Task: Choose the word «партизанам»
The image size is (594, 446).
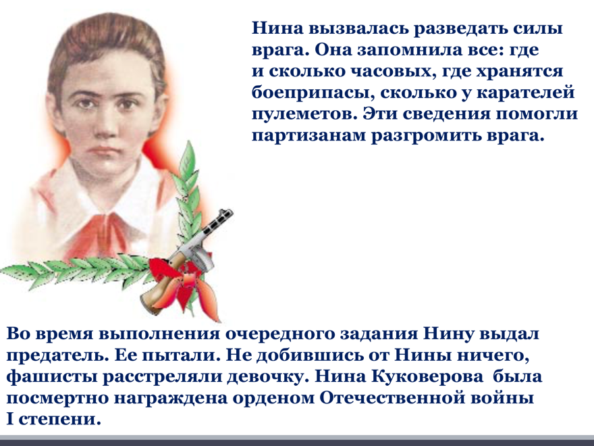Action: coord(308,136)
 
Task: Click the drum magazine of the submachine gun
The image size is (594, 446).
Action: coord(200,259)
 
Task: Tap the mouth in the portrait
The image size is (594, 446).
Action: coord(103,151)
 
